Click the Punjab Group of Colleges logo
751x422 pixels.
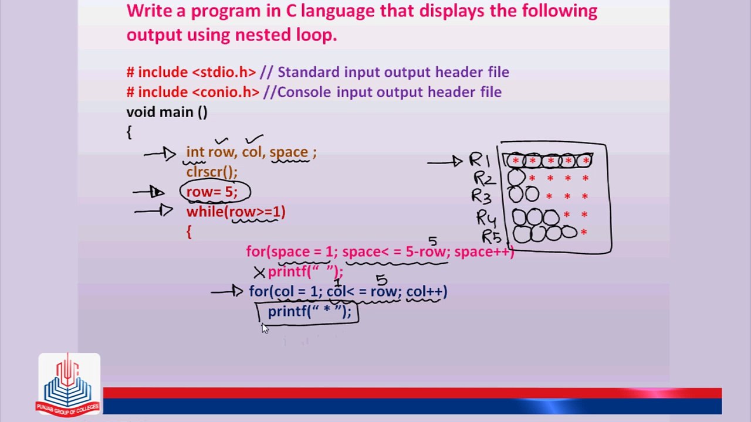(69, 385)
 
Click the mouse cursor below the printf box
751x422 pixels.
(265, 329)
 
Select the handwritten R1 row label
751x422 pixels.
(479, 160)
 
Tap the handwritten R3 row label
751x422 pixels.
(482, 196)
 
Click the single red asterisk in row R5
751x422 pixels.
(584, 232)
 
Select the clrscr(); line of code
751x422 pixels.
(212, 172)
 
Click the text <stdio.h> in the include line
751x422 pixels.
(224, 72)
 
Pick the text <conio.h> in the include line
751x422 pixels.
(226, 92)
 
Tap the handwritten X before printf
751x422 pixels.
(259, 273)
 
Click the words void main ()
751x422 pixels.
(167, 112)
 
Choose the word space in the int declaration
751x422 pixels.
(289, 152)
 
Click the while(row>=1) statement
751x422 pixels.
(236, 212)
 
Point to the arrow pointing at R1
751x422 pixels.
(445, 162)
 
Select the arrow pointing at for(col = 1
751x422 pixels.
(227, 291)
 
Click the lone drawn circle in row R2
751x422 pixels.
(516, 178)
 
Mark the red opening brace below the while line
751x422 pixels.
(189, 232)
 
